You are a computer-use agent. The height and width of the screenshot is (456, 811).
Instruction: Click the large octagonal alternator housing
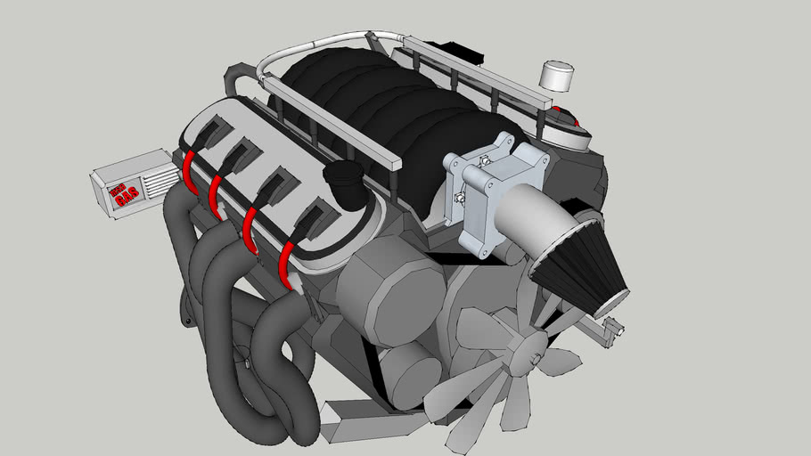click(x=390, y=297)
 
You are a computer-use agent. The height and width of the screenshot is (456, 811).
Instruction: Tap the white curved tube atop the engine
click(x=321, y=42)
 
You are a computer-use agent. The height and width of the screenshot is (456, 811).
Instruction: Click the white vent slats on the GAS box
click(x=160, y=177)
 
